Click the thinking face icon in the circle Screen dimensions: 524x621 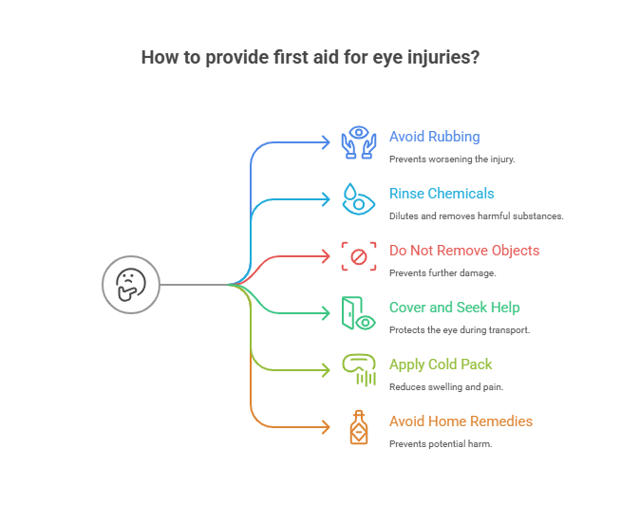[131, 284]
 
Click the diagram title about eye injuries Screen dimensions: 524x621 [310, 57]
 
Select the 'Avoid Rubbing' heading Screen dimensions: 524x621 [434, 137]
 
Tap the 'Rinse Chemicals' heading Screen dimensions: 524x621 [442, 194]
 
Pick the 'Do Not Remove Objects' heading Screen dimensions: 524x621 [464, 251]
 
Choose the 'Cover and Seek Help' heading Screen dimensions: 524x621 [455, 308]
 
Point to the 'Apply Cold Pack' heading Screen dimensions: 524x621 [441, 365]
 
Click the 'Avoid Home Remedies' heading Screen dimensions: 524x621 [461, 421]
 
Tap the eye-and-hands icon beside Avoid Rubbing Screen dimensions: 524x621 [359, 141]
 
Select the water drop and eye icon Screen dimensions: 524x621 [358, 198]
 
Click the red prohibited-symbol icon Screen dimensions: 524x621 [359, 255]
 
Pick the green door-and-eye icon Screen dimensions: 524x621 [358, 312]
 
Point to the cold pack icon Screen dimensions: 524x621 [358, 370]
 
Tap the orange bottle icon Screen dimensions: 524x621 [359, 426]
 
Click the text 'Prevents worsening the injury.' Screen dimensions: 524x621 [452, 159]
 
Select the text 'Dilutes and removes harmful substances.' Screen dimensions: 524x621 [477, 215]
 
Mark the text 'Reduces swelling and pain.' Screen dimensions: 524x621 [445, 386]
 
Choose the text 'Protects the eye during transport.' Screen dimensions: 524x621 [460, 329]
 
